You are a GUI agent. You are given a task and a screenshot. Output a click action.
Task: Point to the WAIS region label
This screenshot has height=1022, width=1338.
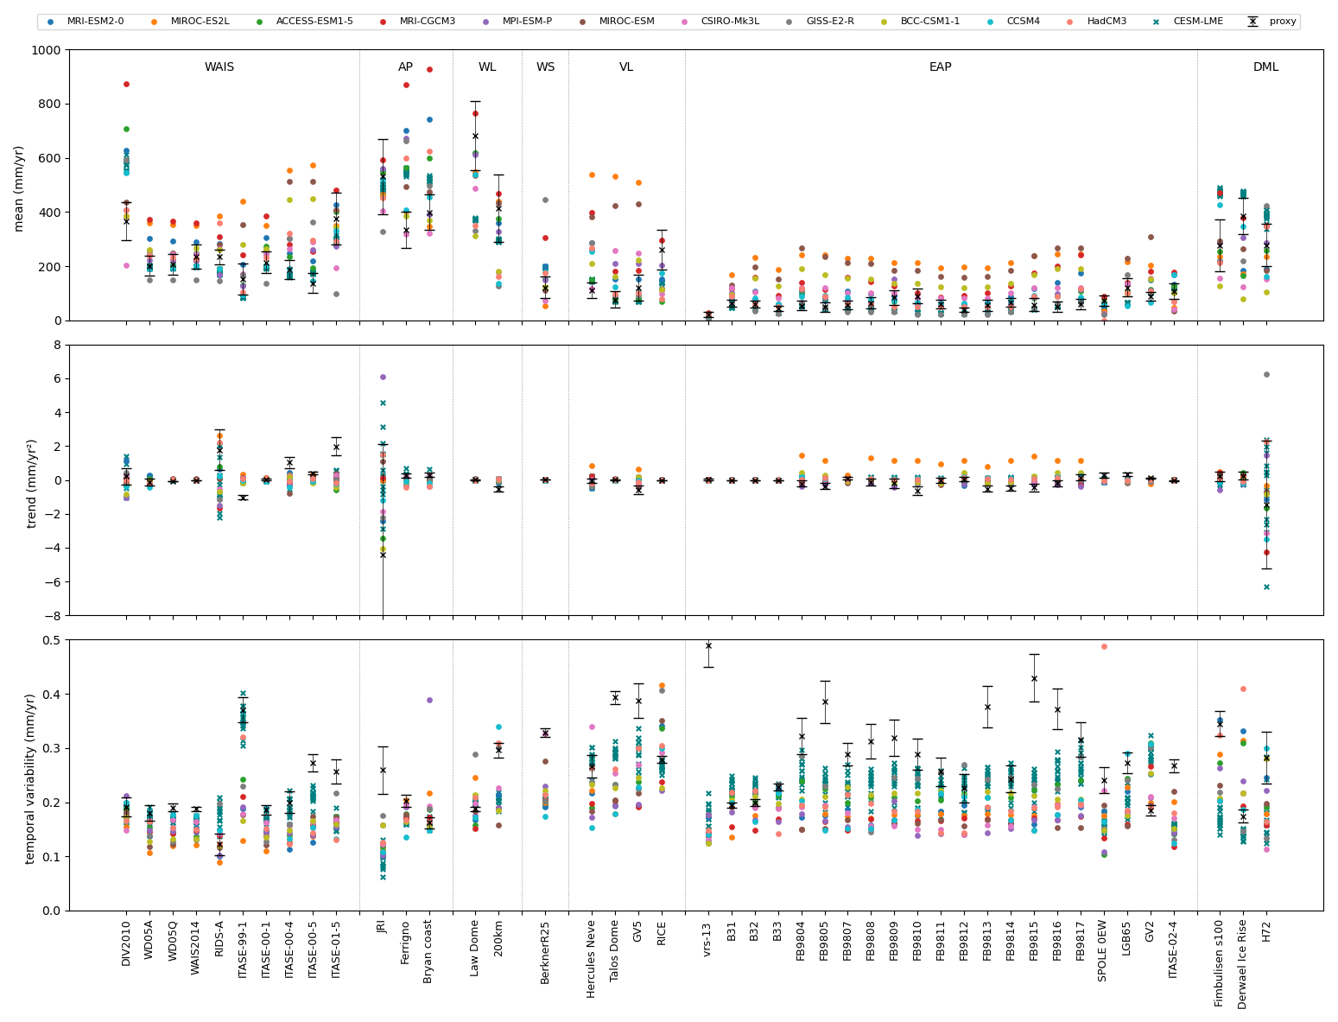coord(219,67)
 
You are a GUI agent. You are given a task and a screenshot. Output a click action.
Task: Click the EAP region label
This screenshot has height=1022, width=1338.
coord(941,67)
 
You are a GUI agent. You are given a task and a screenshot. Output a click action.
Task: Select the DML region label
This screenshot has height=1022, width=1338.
coord(1266,67)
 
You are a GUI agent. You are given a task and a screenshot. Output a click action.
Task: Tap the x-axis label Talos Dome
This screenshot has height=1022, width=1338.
coord(615,960)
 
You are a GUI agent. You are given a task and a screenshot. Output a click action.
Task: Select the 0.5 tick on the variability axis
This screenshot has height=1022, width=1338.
coord(50,640)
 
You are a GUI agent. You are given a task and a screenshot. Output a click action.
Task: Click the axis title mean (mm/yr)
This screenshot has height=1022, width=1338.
coord(19,187)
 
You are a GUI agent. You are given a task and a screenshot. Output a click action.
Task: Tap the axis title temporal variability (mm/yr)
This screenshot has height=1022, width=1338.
coord(31,778)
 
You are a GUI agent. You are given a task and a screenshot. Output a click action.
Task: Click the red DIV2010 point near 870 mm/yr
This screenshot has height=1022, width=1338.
coord(126,84)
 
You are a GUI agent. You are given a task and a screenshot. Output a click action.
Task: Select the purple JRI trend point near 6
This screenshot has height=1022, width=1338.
coord(383,377)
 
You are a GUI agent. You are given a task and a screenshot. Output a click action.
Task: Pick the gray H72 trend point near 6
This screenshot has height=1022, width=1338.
coord(1266,374)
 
